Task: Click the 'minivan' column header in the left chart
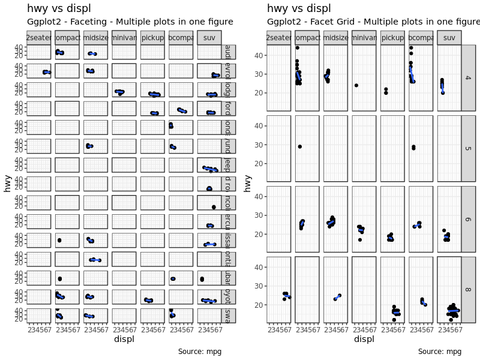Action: [124, 37]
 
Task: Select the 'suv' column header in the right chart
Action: [449, 37]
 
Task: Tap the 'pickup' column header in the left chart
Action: [152, 37]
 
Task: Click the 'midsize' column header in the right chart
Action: [335, 37]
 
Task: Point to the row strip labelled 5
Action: [467, 148]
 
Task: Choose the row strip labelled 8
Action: [467, 290]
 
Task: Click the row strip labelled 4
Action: [467, 77]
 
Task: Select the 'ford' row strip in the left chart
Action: [228, 109]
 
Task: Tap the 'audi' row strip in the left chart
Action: [228, 52]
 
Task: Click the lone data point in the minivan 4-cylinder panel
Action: [356, 85]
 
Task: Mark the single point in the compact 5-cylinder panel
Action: [299, 146]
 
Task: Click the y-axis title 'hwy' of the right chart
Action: [248, 183]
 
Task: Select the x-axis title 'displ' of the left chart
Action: [124, 339]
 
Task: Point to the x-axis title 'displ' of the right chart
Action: [364, 339]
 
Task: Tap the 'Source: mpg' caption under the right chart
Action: [440, 352]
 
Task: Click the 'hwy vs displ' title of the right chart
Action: [299, 8]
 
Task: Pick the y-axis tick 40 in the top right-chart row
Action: [259, 55]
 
